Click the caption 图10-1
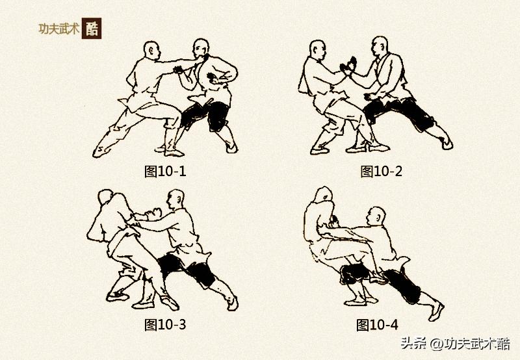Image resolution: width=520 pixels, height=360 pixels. [x=165, y=172]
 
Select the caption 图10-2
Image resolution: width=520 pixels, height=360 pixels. [x=382, y=172]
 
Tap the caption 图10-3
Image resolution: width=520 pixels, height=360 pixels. [x=165, y=323]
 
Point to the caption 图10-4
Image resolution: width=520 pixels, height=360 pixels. [x=378, y=324]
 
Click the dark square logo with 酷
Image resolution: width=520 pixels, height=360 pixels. [x=92, y=29]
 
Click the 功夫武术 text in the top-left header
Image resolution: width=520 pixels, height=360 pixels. [x=59, y=29]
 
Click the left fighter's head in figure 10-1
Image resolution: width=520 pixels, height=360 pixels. [x=152, y=50]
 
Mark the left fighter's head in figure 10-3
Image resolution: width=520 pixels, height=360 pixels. [x=106, y=199]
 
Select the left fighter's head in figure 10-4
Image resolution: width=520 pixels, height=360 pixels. [x=324, y=196]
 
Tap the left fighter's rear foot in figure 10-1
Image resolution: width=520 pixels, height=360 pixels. [x=102, y=148]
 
